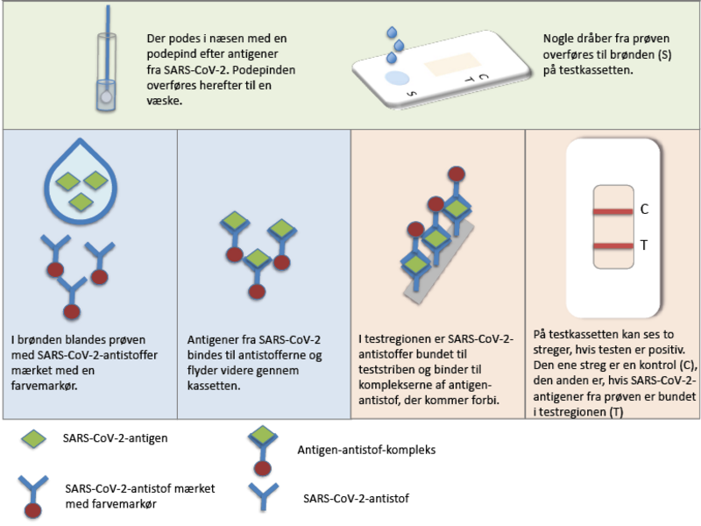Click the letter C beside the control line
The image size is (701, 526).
point(644,210)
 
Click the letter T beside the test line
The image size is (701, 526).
point(644,245)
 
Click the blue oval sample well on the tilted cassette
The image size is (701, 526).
point(397,79)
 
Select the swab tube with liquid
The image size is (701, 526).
point(105,75)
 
